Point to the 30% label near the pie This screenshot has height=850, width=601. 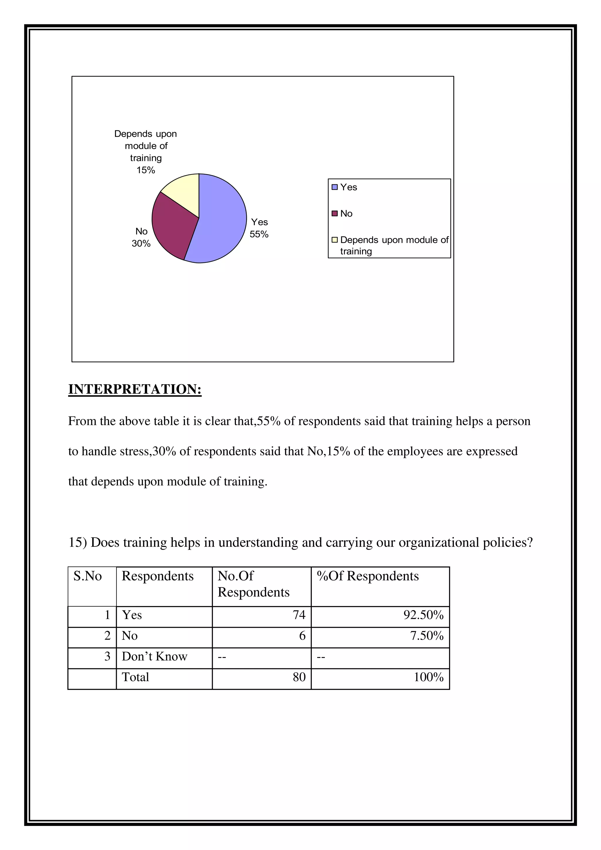point(141,244)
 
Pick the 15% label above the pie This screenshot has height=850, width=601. point(146,170)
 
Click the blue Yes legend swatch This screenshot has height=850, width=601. point(335,187)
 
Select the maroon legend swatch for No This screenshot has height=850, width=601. point(335,214)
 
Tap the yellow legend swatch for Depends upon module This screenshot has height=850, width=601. point(335,240)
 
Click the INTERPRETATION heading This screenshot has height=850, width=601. point(135,389)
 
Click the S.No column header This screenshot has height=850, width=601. point(88,576)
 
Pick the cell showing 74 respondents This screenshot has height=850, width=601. point(299,615)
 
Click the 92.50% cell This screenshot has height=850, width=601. point(423,615)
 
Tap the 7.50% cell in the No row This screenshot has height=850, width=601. point(427,636)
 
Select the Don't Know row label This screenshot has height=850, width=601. point(154,657)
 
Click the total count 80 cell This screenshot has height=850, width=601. point(299,677)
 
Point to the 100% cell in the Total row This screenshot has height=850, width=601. point(428,677)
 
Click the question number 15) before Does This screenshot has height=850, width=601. point(78,543)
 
